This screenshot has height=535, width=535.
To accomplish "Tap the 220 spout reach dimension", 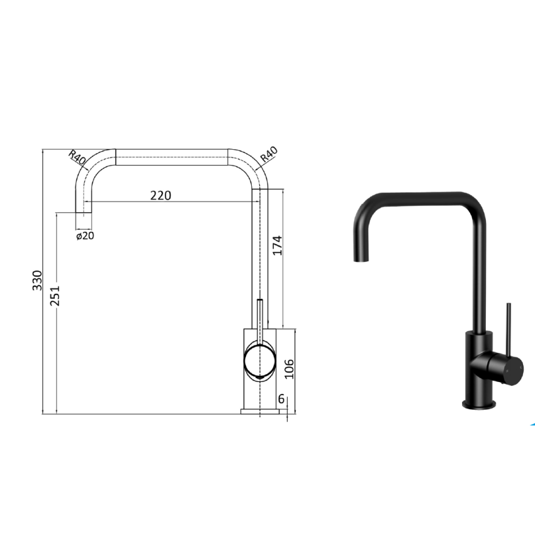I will coord(160,195).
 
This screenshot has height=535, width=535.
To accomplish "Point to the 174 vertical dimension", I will coord(278,245).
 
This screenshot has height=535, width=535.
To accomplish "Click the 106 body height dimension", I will coord(289,368).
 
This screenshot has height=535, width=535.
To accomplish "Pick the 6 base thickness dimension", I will coord(281,398).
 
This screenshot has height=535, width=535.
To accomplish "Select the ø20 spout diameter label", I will coord(85,236).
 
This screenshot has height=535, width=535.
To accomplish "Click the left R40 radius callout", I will coord(77,157).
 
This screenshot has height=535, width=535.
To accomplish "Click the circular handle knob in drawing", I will coord(259,361).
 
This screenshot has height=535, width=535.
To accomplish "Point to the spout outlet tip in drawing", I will coord(84,221).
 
